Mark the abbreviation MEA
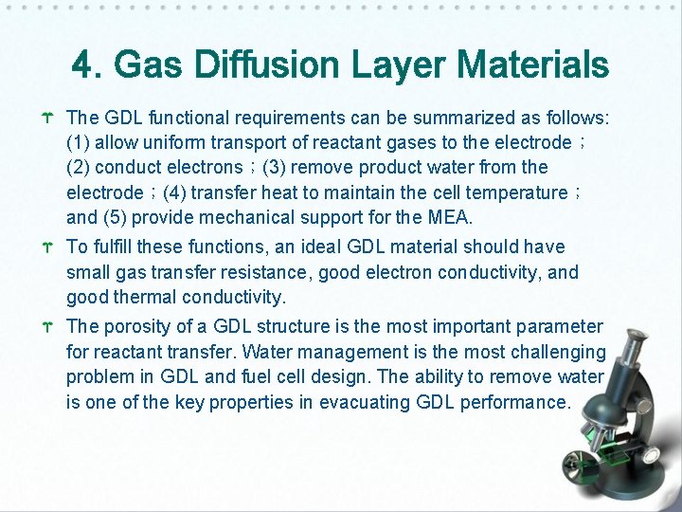(449, 217)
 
